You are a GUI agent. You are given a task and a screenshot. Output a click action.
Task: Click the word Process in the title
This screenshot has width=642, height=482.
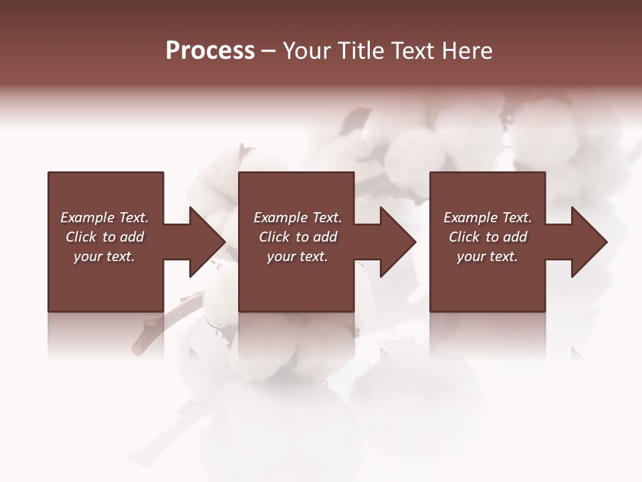tap(210, 51)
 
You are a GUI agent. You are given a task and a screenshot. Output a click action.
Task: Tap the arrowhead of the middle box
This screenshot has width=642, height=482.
tap(397, 242)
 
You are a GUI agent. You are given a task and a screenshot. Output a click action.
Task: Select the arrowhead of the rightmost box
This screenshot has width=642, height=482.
tap(588, 242)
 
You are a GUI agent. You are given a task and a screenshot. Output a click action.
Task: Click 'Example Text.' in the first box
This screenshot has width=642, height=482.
tap(104, 218)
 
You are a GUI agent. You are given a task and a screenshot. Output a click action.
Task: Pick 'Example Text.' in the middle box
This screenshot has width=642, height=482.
tap(298, 218)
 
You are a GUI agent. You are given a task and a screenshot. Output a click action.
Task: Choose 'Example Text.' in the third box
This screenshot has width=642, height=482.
tap(488, 218)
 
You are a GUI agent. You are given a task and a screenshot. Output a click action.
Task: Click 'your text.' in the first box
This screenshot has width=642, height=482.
tap(104, 256)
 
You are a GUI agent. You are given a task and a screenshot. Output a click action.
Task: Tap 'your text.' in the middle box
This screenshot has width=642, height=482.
tap(298, 256)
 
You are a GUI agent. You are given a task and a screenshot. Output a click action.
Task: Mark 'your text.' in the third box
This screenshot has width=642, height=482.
tap(488, 256)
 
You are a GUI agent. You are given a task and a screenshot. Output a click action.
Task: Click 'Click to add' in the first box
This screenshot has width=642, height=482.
tap(104, 237)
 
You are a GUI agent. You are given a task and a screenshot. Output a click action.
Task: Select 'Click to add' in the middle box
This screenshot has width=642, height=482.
tap(298, 237)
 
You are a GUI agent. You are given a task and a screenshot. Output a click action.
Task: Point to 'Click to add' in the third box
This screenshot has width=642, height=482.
tap(488, 237)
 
